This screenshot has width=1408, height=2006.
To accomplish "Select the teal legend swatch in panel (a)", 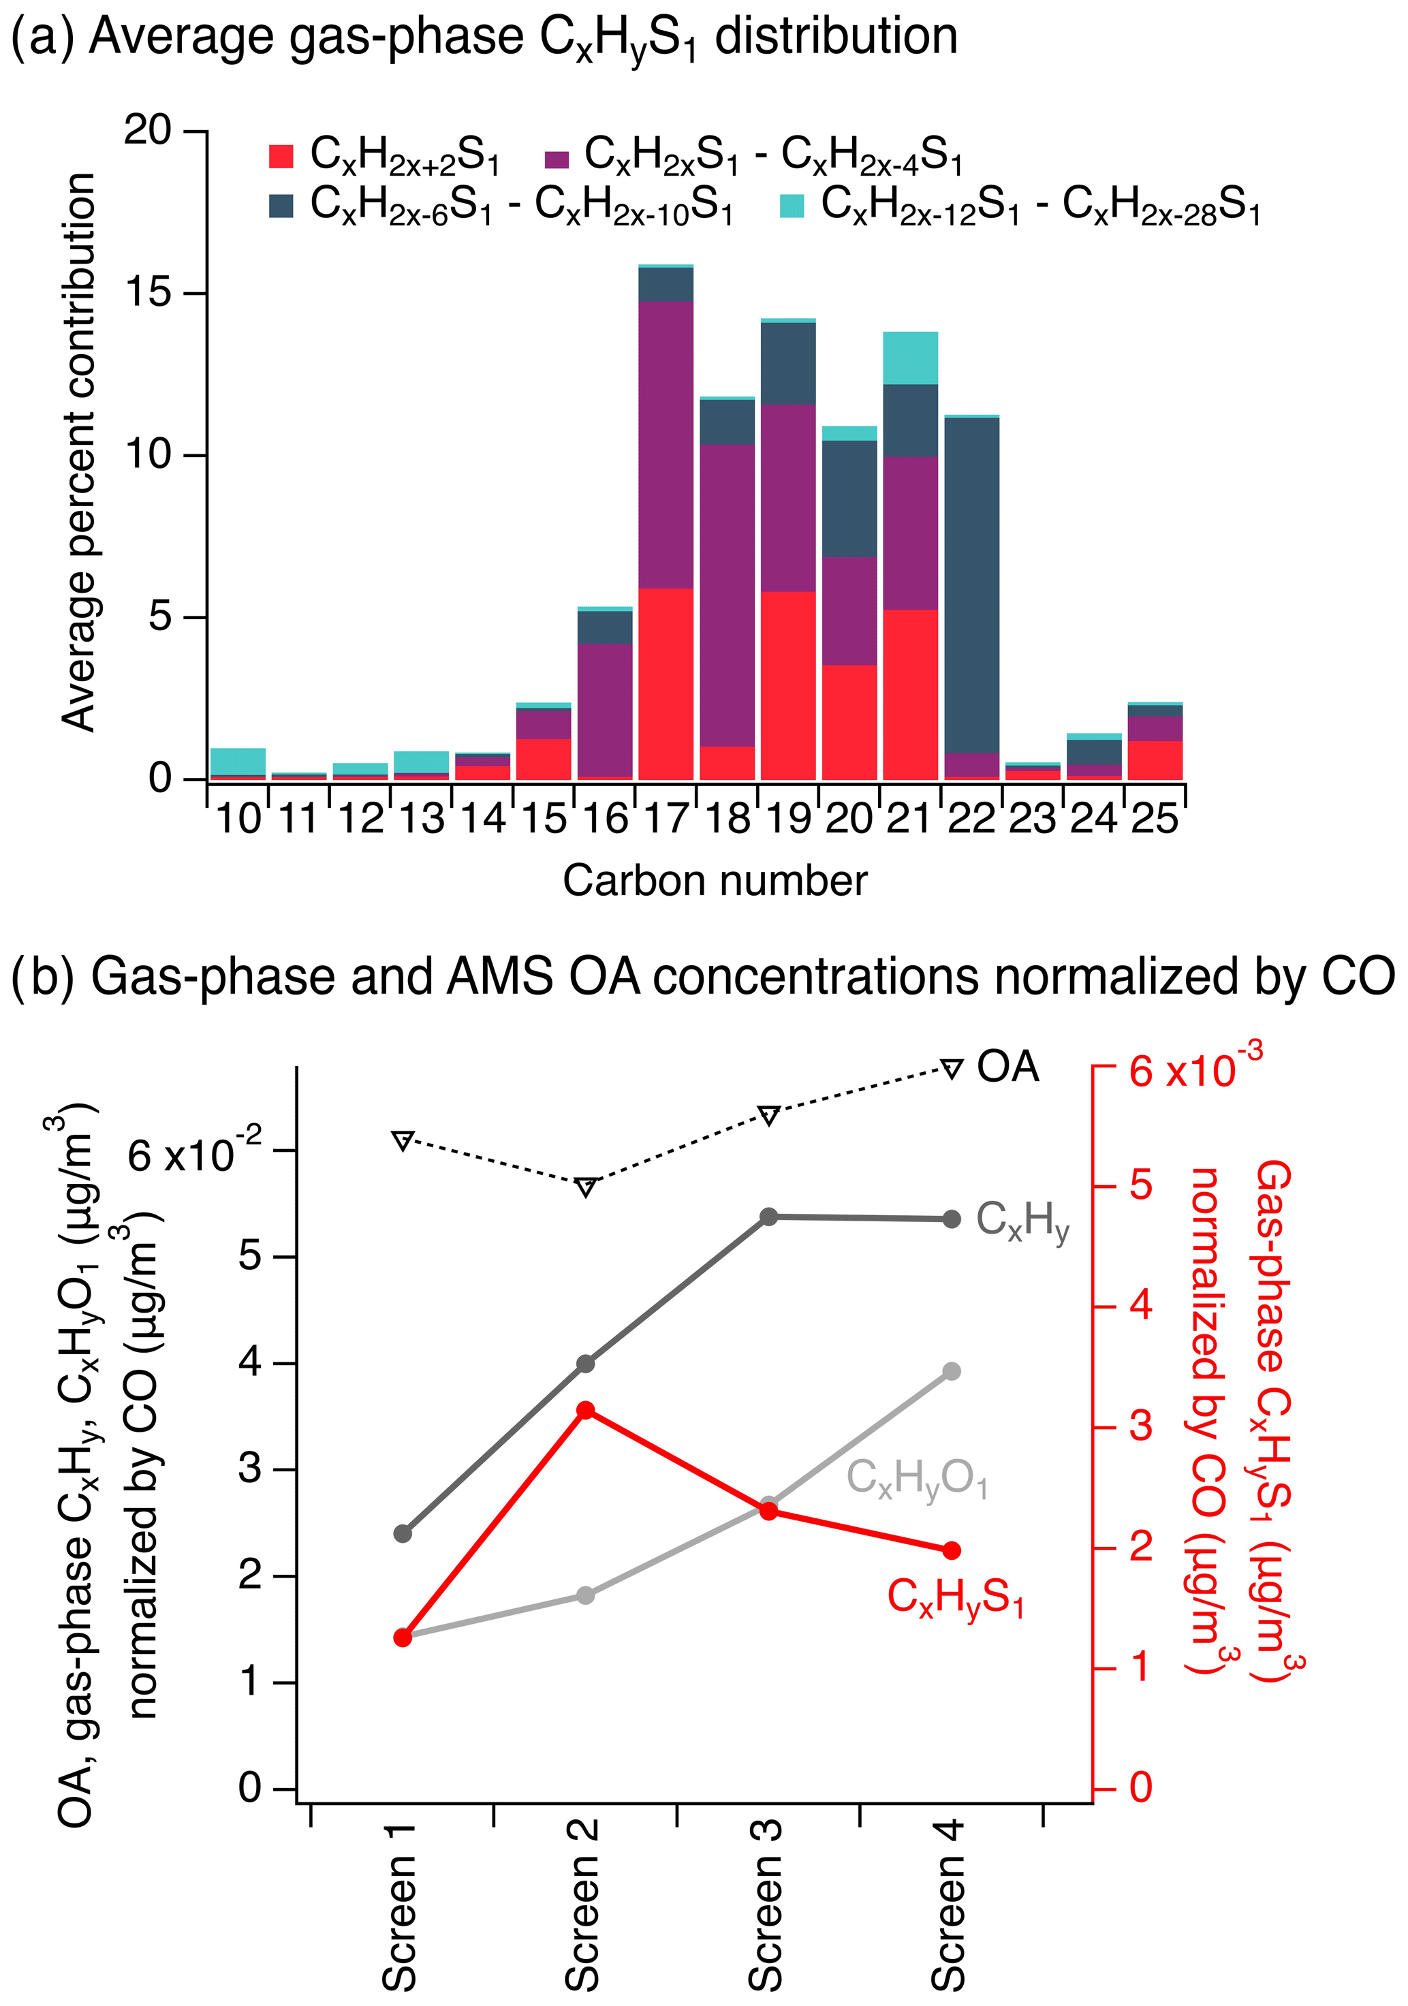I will (x=791, y=206).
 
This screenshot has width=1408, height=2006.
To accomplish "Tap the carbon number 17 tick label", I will (x=666, y=819).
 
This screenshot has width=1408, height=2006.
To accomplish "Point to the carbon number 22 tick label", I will (x=972, y=819).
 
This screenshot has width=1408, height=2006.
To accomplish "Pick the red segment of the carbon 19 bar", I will (x=788, y=685).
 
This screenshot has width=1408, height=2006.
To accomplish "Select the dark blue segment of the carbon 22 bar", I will (x=972, y=585).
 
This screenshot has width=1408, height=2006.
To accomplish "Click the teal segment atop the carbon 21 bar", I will (x=911, y=358).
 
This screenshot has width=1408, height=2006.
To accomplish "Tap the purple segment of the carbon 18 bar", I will (x=728, y=594).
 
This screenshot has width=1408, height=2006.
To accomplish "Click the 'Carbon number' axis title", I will (x=715, y=881).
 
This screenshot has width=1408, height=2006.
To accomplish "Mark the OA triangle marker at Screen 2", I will (x=586, y=1187).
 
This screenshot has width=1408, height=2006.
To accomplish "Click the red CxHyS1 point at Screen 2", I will (x=586, y=1410).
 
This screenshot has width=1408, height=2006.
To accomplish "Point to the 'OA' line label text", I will (x=1007, y=1067).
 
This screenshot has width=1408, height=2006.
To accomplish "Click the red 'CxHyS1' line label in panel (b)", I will (x=955, y=1598).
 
